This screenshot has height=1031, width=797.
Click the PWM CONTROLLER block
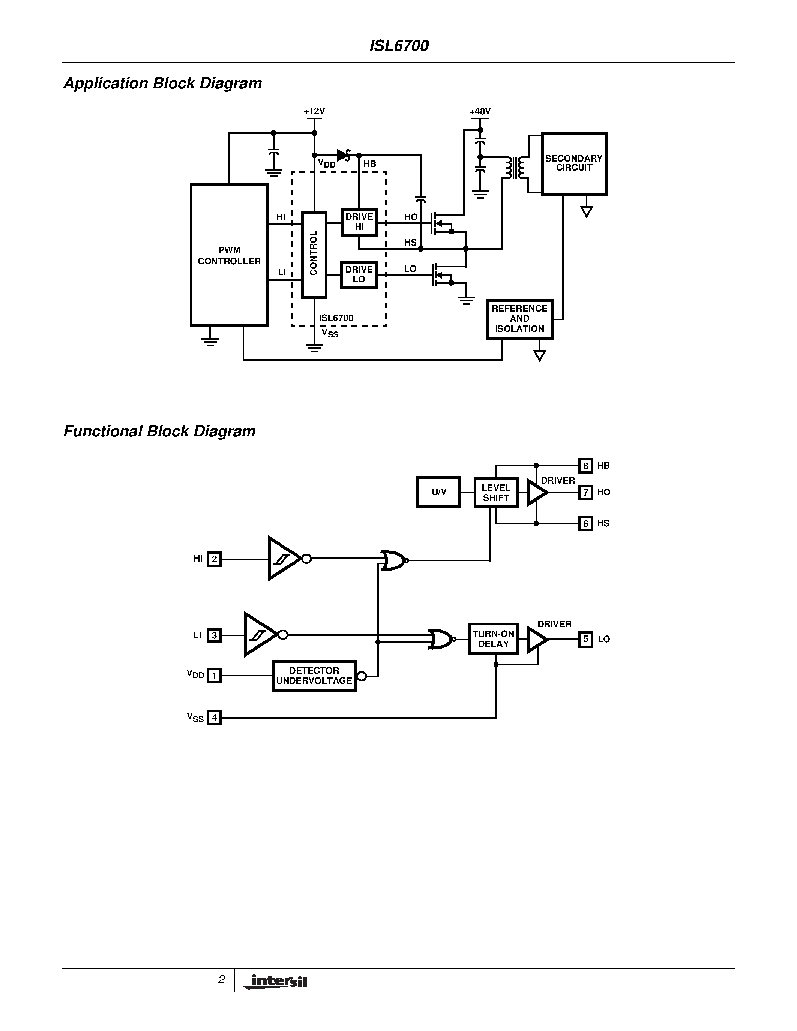(x=229, y=255)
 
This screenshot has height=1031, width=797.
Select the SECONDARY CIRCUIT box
(x=574, y=163)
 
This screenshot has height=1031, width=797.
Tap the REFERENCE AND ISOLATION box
(x=519, y=319)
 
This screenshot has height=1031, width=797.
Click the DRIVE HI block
(x=359, y=222)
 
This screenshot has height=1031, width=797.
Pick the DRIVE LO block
(x=359, y=274)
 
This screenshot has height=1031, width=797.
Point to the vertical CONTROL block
(x=314, y=255)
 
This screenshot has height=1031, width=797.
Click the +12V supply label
(x=314, y=111)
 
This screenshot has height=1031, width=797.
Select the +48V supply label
(x=480, y=111)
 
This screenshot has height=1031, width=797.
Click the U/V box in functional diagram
(x=439, y=492)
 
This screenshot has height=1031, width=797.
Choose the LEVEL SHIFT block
(x=496, y=492)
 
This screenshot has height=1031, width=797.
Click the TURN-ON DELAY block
(x=493, y=639)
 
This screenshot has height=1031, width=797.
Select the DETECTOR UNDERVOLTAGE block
(x=314, y=676)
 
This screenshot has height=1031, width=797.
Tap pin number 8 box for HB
(x=585, y=466)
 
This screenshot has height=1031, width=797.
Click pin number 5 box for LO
(x=585, y=639)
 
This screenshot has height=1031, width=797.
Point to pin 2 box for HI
(x=215, y=559)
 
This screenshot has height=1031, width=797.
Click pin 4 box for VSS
(x=215, y=718)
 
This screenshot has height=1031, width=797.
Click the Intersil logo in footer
(x=276, y=982)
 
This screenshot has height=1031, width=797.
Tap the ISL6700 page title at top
(x=399, y=46)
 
